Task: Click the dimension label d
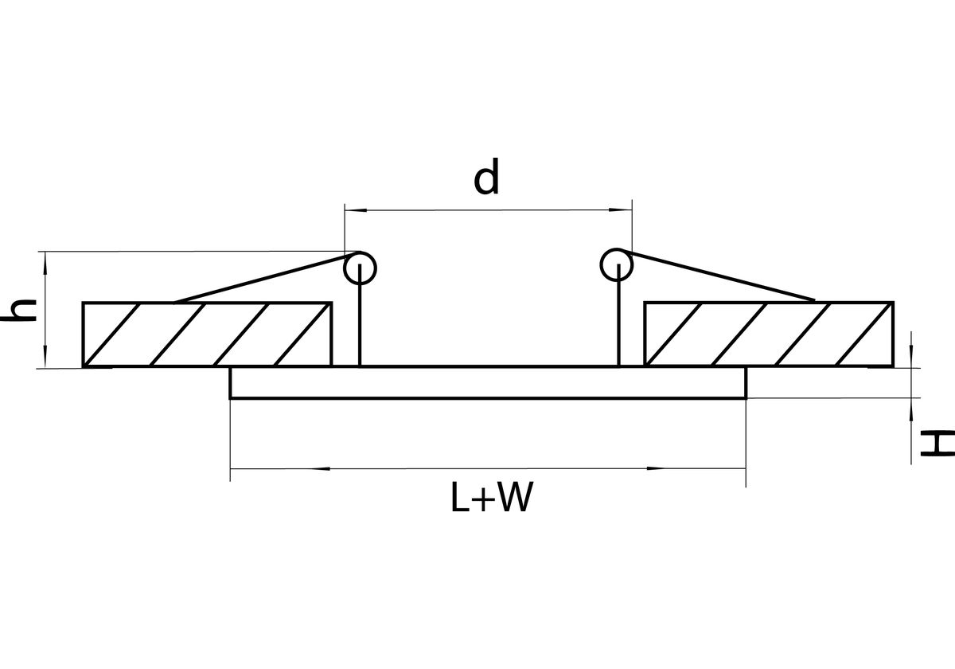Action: click(486, 176)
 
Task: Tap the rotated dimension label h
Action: click(19, 310)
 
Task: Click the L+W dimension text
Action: click(492, 498)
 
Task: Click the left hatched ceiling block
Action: click(207, 334)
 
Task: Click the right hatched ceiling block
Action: click(769, 334)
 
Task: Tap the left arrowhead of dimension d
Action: click(356, 210)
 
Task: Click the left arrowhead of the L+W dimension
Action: click(321, 468)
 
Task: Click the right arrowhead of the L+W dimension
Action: click(656, 468)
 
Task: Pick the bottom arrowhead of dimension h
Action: click(45, 357)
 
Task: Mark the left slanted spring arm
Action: click(262, 279)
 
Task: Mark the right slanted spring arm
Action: click(719, 276)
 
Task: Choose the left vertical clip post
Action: click(360, 315)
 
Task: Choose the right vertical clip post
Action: click(618, 315)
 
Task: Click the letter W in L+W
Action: click(516, 498)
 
